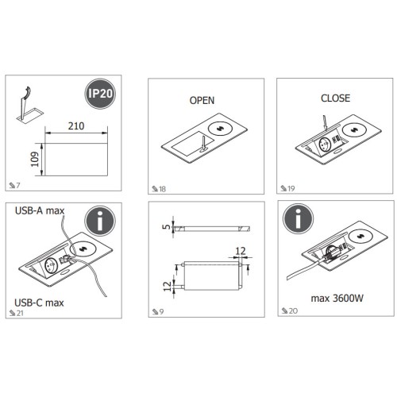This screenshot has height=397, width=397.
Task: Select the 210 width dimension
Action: (76, 125)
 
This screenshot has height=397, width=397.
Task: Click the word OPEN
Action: (202, 101)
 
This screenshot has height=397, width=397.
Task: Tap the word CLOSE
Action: (334, 99)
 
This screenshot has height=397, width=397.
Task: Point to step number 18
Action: (161, 189)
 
